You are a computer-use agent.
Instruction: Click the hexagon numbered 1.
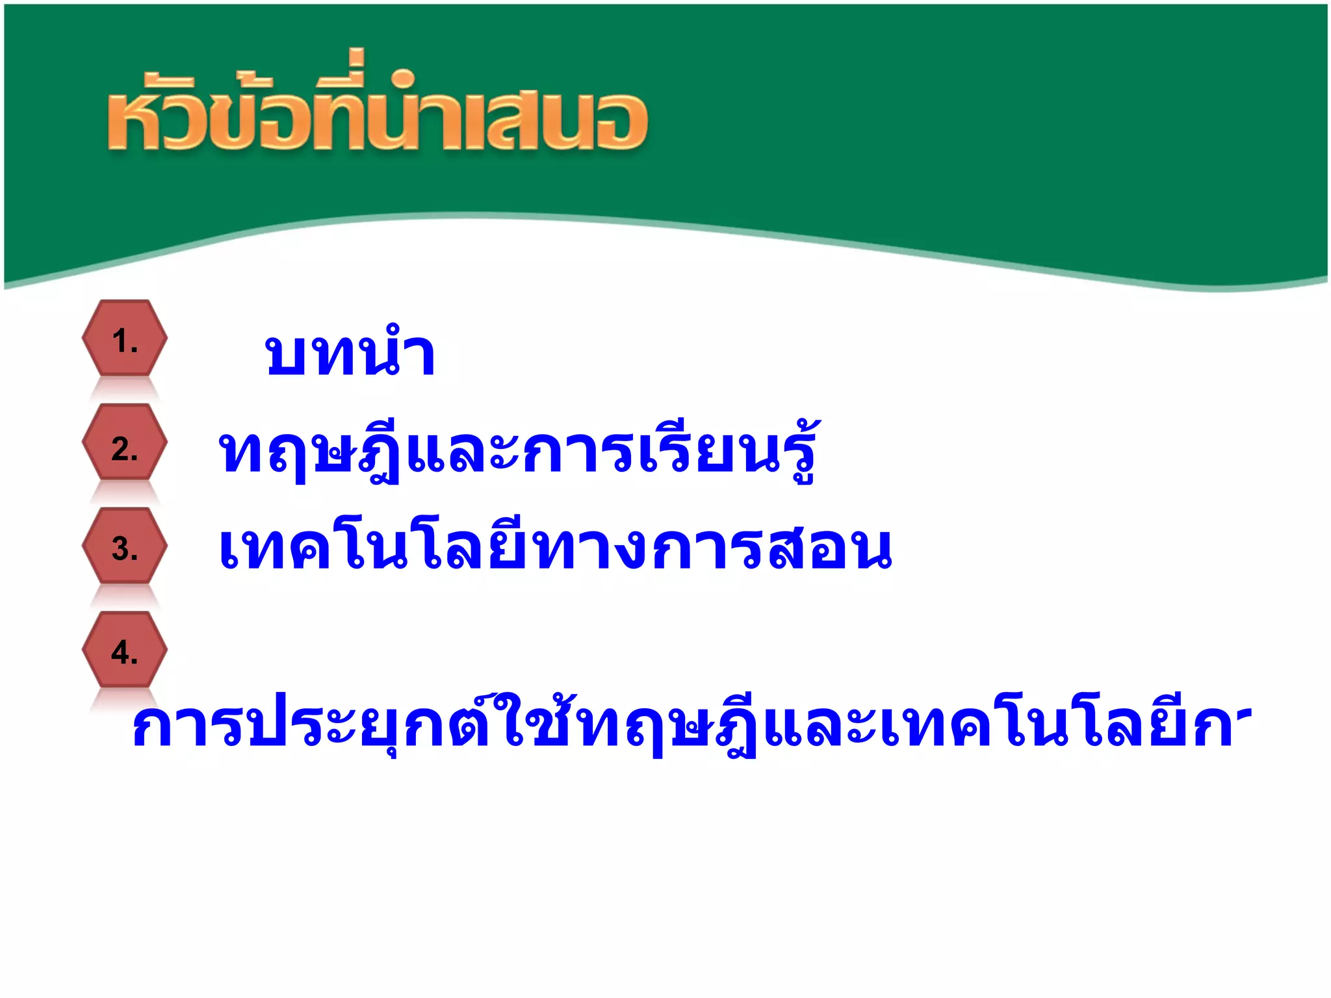[124, 339]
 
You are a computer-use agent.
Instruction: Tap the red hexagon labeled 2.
[124, 442]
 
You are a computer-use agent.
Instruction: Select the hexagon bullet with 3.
[124, 546]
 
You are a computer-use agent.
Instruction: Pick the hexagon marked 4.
[124, 650]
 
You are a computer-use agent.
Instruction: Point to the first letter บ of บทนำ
[285, 356]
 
